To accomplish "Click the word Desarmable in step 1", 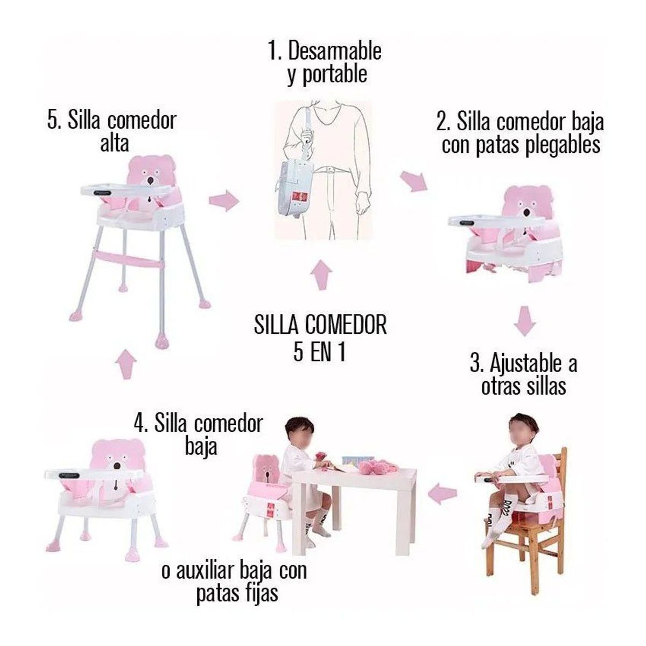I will coord(335,51).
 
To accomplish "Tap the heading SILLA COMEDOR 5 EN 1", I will coord(320,339).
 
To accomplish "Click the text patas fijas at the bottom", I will coord(237,593).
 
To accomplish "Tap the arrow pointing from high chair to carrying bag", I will coord(223,201).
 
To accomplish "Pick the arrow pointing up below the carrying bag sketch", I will coord(321,275).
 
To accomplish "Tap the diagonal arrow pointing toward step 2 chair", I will coord(415,181).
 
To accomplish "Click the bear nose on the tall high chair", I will coord(151,179).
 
